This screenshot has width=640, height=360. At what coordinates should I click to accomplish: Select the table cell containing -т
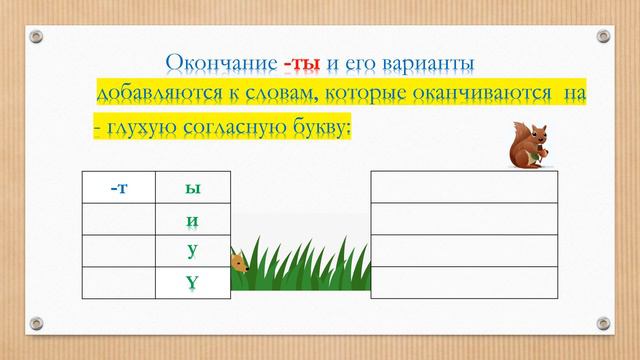click(x=118, y=188)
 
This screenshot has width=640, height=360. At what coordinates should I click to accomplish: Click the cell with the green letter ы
click(x=193, y=188)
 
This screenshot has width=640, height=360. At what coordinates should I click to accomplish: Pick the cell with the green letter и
click(x=193, y=219)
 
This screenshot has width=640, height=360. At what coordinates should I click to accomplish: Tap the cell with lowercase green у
click(x=193, y=250)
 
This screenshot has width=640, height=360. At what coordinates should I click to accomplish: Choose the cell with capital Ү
click(x=193, y=283)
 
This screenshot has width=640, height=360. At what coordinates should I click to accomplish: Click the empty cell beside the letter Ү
click(x=118, y=283)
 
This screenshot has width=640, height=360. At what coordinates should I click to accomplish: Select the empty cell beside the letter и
click(x=118, y=219)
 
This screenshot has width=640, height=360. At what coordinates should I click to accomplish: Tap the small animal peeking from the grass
click(x=239, y=263)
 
